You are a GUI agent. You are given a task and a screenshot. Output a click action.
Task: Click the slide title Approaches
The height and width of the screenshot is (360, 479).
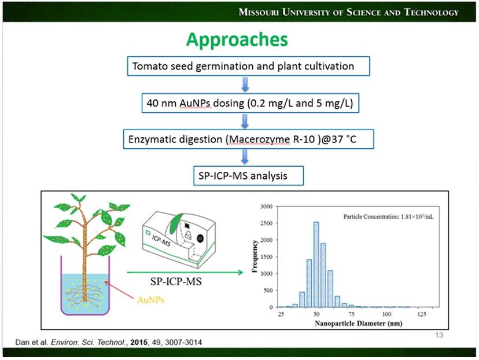coord(237,39)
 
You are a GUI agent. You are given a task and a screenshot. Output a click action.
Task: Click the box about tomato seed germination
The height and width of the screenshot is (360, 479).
coord(248,66)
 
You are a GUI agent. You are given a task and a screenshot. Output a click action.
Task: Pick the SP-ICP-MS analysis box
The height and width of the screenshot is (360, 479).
coord(248,175)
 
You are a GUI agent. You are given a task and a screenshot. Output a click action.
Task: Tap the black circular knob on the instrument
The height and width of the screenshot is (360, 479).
coord(200,237)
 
